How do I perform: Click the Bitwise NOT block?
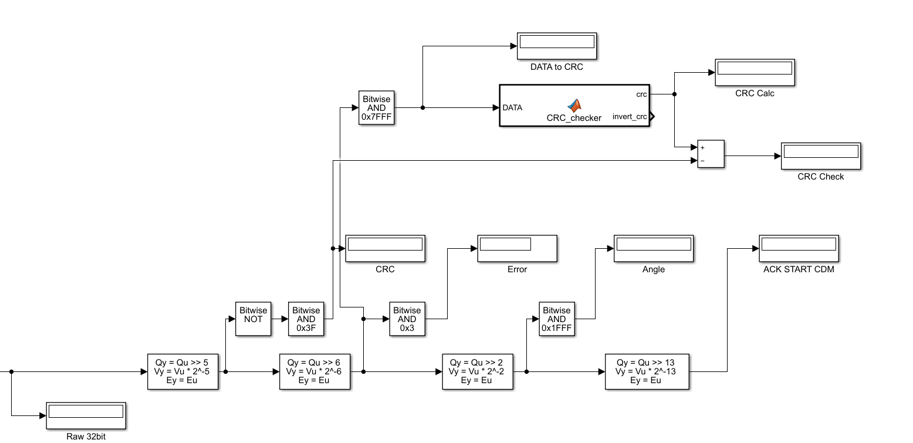pyautogui.click(x=253, y=319)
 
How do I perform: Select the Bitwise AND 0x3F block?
pyautogui.click(x=306, y=319)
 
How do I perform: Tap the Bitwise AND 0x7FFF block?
pyautogui.click(x=376, y=108)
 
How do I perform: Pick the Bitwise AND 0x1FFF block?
pyautogui.click(x=556, y=319)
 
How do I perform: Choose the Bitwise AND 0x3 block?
pyautogui.click(x=407, y=319)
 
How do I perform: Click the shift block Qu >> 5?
pyautogui.click(x=182, y=371)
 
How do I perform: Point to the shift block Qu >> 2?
pyautogui.click(x=478, y=371)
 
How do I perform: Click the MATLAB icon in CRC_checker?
pyautogui.click(x=574, y=106)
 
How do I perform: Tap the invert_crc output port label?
pyautogui.click(x=630, y=117)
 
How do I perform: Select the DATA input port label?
pyautogui.click(x=512, y=108)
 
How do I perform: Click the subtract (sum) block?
pyautogui.click(x=711, y=154)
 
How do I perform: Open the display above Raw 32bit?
pyautogui.click(x=86, y=415)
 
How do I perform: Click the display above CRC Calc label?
pyautogui.click(x=755, y=72)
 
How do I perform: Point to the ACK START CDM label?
pyautogui.click(x=799, y=269)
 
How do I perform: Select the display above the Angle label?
pyautogui.click(x=654, y=248)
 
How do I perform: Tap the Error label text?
pyautogui.click(x=517, y=269)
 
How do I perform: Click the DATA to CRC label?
pyautogui.click(x=556, y=67)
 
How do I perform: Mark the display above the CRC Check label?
pyautogui.click(x=820, y=155)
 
